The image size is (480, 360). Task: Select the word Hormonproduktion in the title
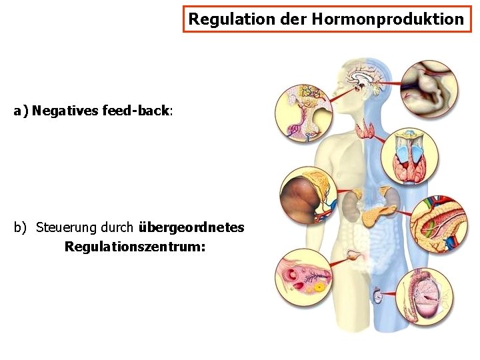point(387,19)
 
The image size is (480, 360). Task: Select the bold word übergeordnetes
point(191,227)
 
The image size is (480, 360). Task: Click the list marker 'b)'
point(20,227)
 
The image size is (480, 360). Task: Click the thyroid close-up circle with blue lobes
point(409,155)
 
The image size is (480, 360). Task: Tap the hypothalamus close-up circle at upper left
point(304,113)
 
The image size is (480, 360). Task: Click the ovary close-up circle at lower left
point(304,277)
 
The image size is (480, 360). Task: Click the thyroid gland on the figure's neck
point(365,129)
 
